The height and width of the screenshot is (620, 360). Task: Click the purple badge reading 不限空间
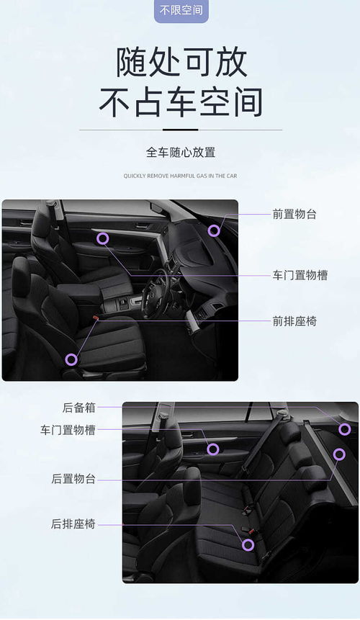coord(181,10)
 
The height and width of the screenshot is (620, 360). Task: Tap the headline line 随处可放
coord(181,62)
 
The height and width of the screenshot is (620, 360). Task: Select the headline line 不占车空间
coord(181,103)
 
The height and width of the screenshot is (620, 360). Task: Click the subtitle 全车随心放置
coord(181,153)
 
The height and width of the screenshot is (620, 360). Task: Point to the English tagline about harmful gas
coord(180,175)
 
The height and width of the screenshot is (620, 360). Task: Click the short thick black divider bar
coord(180,130)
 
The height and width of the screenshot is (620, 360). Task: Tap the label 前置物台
coord(294,214)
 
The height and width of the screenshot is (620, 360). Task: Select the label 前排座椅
coord(294,320)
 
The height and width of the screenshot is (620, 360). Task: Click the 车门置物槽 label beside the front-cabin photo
coord(300,275)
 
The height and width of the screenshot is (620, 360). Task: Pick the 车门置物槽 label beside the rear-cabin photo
coord(68,430)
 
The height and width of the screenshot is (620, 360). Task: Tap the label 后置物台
coord(73,478)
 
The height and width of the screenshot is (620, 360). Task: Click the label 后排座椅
coord(73,524)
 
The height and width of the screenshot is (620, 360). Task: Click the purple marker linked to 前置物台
coord(214,230)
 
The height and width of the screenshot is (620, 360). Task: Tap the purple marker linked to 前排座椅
coord(71,359)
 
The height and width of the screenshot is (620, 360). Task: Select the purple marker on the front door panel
coord(102,238)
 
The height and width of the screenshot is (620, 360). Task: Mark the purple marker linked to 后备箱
coord(344,429)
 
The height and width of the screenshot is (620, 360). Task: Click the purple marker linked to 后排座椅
coord(248,544)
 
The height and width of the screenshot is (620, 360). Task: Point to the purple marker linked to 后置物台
coord(339,454)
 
